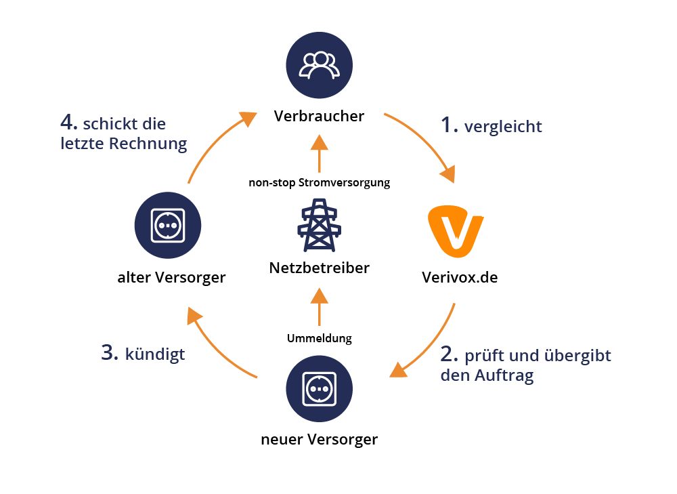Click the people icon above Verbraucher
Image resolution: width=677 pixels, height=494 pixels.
pos(320,64)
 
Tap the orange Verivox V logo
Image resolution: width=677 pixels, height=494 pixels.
pos(456,232)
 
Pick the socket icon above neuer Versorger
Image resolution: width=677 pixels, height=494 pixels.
pos(320,388)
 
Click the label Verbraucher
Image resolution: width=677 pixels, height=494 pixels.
pos(319,117)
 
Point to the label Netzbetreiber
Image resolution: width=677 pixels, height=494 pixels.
pos(320,268)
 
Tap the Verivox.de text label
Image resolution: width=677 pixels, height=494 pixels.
pos(460,277)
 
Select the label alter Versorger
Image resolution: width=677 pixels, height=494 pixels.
pos(171,277)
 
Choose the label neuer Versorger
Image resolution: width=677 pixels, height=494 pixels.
pos(320,440)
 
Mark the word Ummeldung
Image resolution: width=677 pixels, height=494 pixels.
pos(320,337)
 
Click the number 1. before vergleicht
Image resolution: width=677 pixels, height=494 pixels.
pos(450,125)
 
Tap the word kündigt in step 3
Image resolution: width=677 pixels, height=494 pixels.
pos(155,354)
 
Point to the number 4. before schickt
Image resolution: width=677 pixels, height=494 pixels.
pos(68,123)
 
